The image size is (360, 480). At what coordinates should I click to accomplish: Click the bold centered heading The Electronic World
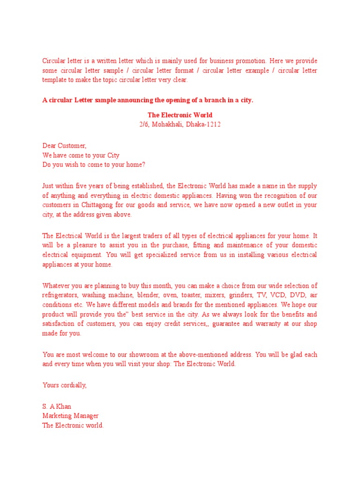[x=180, y=115]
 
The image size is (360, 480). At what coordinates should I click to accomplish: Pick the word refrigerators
[x=60, y=295]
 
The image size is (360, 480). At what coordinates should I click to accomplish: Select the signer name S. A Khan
[x=57, y=406]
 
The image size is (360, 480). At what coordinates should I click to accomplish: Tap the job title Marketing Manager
[x=70, y=416]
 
